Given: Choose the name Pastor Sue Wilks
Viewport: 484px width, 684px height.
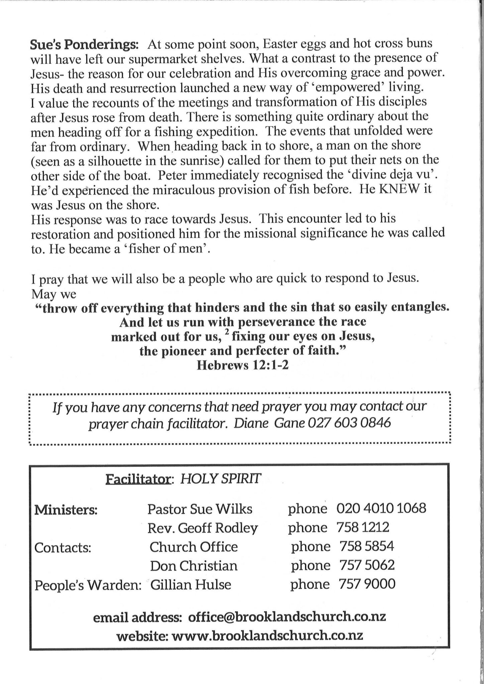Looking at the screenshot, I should [x=200, y=509].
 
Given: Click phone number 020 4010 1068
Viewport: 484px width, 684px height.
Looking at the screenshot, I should [x=381, y=508].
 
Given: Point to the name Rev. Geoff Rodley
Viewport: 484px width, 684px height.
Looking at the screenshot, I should [x=203, y=528].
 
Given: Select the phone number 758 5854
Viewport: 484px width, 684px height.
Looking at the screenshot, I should [x=367, y=546].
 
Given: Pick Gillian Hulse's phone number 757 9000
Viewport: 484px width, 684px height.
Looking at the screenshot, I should [x=367, y=584].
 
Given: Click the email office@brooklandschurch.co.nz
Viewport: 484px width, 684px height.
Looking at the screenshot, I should [x=287, y=617].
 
